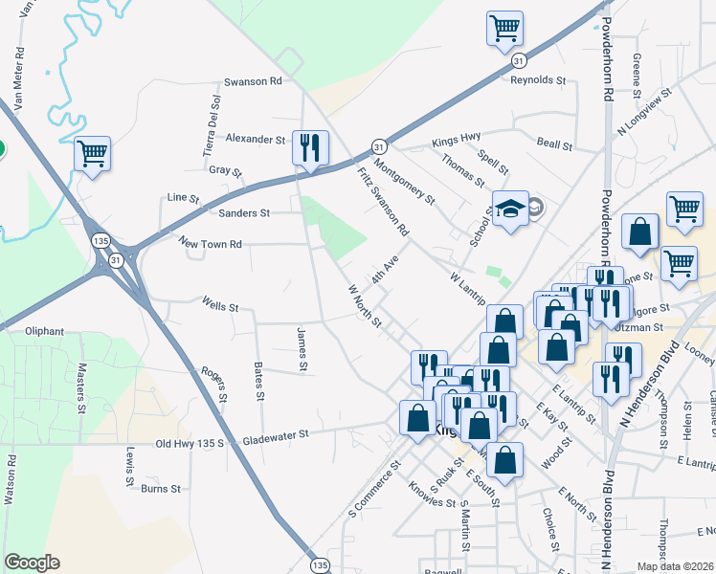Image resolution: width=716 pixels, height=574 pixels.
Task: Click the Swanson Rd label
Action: tap(253, 82)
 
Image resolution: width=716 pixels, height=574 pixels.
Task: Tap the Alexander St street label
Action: tap(256, 139)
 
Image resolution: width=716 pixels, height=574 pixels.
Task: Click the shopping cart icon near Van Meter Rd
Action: tap(92, 153)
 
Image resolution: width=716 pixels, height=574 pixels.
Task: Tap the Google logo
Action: tap(32, 563)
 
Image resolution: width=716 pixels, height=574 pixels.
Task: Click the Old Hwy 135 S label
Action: tap(190, 444)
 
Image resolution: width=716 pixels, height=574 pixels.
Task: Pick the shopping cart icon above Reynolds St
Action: tap(504, 28)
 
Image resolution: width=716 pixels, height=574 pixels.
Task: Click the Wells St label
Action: tap(220, 307)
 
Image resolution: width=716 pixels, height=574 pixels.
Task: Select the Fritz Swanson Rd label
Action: tap(383, 203)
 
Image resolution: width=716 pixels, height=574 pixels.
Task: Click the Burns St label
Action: tap(161, 489)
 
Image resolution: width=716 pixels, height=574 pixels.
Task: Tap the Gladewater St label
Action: tap(276, 434)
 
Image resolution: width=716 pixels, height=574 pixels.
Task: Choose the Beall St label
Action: tap(554, 146)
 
